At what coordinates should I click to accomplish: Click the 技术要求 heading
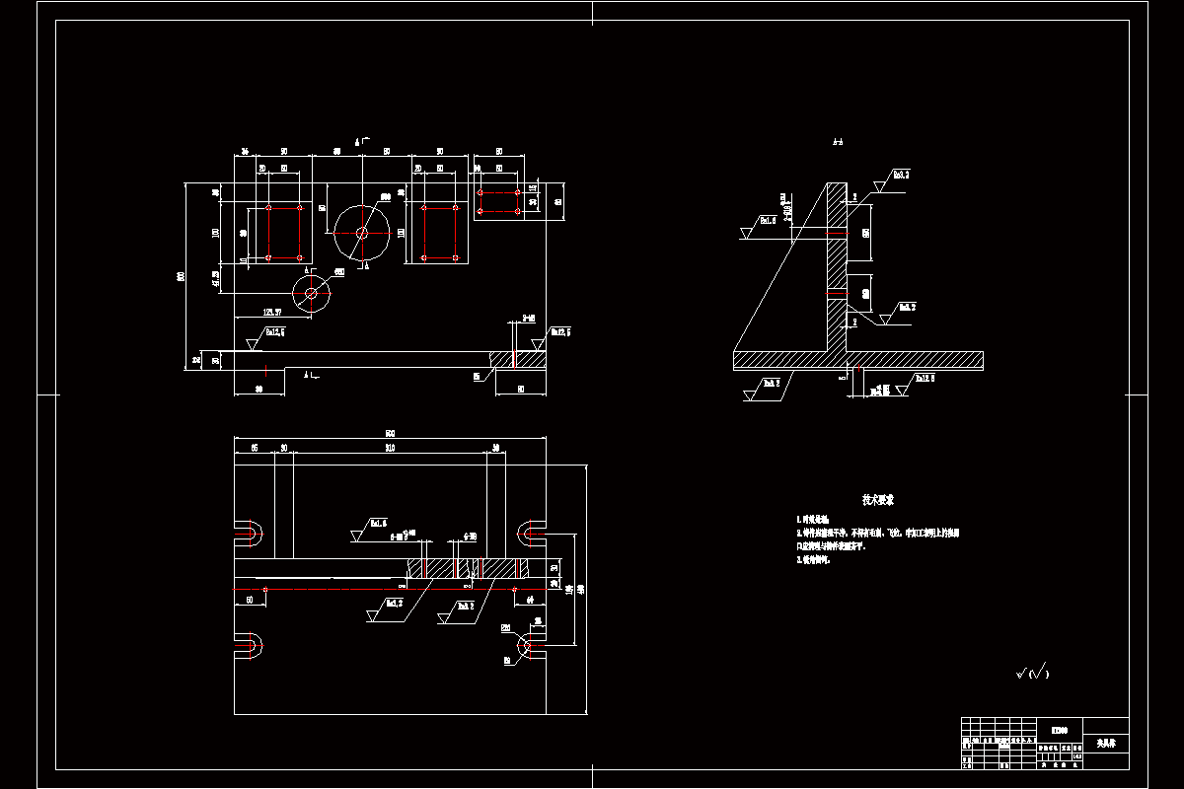pyautogui.click(x=877, y=501)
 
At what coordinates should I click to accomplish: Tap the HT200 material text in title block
pyautogui.click(x=1059, y=731)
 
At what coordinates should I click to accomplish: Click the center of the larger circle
pyautogui.click(x=362, y=234)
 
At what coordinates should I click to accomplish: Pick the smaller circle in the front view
pyautogui.click(x=313, y=292)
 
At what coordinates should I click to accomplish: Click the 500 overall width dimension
pyautogui.click(x=390, y=433)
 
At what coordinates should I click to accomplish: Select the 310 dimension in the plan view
pyautogui.click(x=390, y=448)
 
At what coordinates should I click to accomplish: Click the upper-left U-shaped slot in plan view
pyautogui.click(x=249, y=534)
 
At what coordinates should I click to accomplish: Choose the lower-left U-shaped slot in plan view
pyautogui.click(x=249, y=647)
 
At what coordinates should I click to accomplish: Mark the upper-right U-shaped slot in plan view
pyautogui.click(x=532, y=534)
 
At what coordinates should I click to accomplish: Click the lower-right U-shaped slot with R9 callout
pyautogui.click(x=532, y=647)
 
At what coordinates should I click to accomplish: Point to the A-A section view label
pyautogui.click(x=838, y=144)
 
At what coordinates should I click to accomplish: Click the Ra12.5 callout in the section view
pyautogui.click(x=925, y=378)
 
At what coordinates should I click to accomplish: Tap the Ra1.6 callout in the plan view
pyautogui.click(x=378, y=523)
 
